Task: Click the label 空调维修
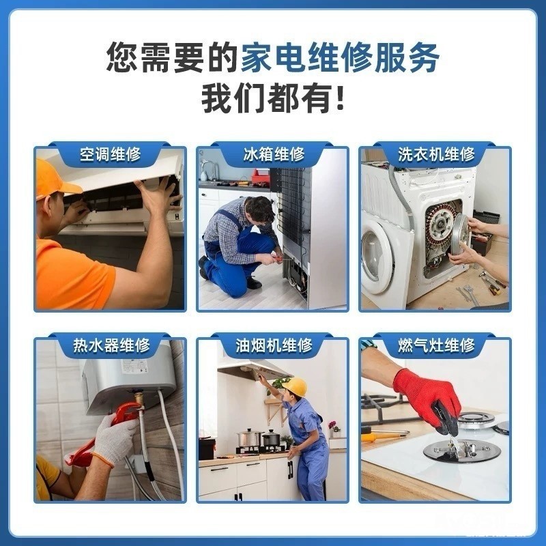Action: tap(110, 155)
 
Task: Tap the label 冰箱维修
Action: tap(274, 155)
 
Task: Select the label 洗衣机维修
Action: tap(436, 155)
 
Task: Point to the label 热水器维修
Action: tap(111, 345)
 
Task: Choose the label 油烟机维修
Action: tap(274, 345)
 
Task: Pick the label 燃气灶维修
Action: tap(436, 345)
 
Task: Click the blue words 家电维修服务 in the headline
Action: tap(340, 58)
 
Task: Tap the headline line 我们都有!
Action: tap(273, 99)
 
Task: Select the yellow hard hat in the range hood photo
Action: tap(296, 386)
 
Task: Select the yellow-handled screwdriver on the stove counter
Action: tap(384, 436)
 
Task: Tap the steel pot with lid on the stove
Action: tap(249, 438)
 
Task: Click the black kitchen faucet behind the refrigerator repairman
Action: tap(208, 170)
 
